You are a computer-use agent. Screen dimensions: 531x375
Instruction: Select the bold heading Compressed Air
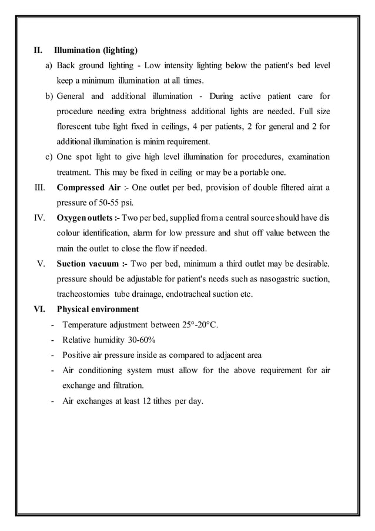coord(88,188)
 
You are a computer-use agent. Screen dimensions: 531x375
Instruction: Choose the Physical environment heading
coord(98,309)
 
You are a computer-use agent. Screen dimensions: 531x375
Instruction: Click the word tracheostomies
coord(85,294)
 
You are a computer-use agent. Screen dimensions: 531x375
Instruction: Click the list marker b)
coord(49,96)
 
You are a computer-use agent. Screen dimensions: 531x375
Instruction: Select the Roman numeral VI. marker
coord(38,309)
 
